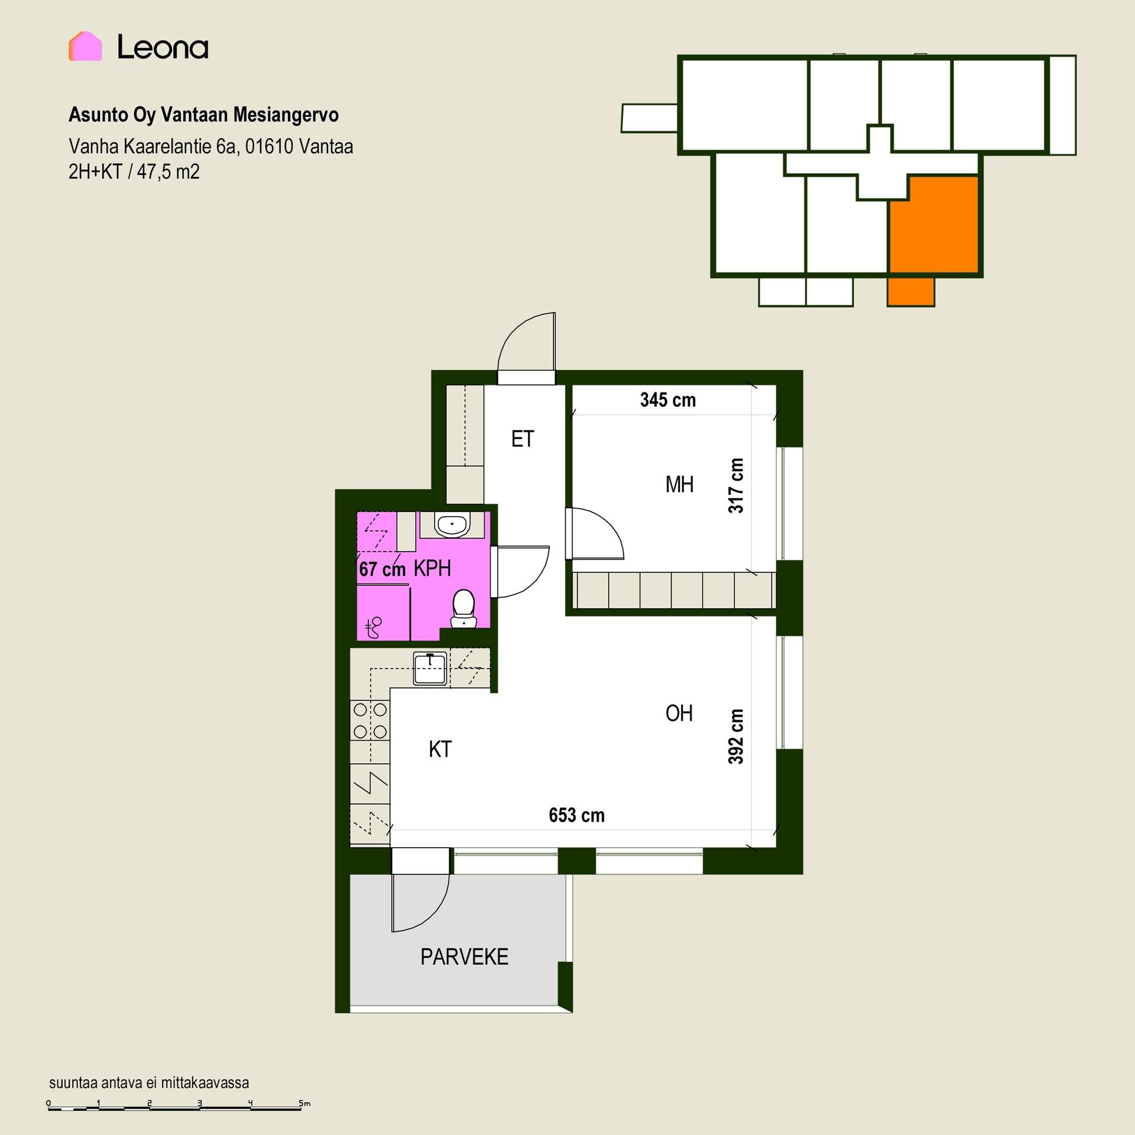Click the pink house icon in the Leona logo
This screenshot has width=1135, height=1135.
(x=85, y=46)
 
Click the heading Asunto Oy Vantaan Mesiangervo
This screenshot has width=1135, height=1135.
(x=203, y=115)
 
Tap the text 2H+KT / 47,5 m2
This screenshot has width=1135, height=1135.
(x=134, y=172)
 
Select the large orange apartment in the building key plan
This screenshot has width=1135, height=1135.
(x=934, y=225)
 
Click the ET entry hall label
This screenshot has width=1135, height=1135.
(x=523, y=439)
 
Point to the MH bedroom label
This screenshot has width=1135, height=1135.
(x=679, y=485)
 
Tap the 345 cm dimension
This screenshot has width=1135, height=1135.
(x=668, y=400)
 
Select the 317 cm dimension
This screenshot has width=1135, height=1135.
(x=735, y=485)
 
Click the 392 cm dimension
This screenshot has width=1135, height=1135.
(x=735, y=737)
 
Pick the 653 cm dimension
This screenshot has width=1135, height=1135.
(x=577, y=816)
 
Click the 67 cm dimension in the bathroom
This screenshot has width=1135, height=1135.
(x=382, y=569)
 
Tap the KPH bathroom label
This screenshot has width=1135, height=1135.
(x=432, y=569)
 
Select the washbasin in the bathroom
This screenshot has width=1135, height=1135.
(x=452, y=524)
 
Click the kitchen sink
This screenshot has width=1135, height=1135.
(x=430, y=669)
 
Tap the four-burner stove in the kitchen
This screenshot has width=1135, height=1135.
(x=371, y=721)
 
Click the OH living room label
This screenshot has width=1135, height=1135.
(x=679, y=714)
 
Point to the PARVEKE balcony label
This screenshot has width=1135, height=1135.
(x=465, y=957)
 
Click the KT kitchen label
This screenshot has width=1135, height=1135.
(x=440, y=750)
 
